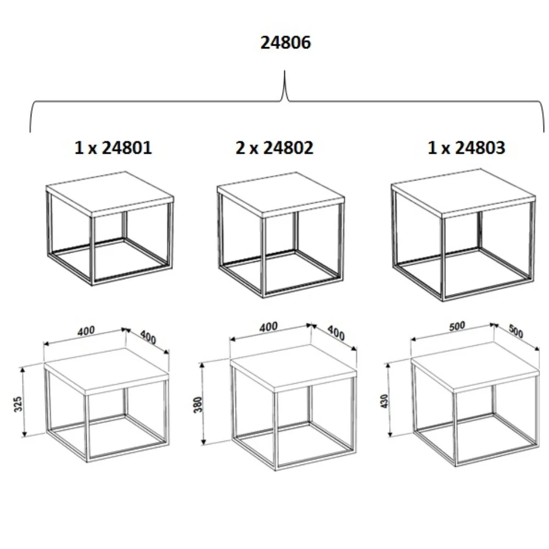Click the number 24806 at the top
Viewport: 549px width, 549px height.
tap(285, 43)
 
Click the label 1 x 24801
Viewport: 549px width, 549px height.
tap(113, 148)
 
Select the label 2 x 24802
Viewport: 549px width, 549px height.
tap(274, 148)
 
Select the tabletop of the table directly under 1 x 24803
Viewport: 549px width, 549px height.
tap(464, 192)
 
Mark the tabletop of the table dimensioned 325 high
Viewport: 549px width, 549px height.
tap(106, 368)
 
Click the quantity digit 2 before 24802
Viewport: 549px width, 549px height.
tap(240, 148)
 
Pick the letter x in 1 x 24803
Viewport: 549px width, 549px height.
tap(446, 149)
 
